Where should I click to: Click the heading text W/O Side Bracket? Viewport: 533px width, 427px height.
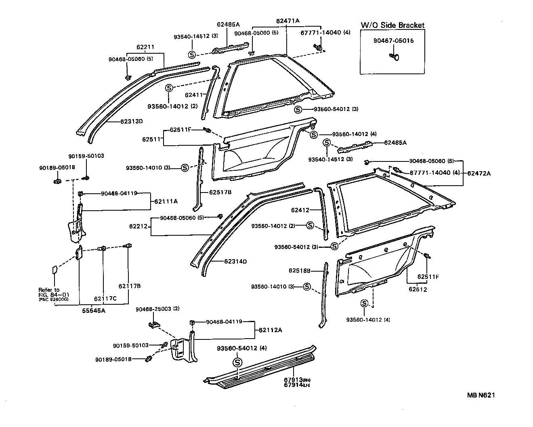point(392,25)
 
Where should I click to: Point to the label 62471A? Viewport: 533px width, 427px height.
point(288,21)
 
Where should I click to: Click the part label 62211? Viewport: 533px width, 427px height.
point(145,47)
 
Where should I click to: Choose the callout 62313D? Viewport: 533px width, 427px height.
point(132,121)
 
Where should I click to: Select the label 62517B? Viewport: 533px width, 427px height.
point(220,192)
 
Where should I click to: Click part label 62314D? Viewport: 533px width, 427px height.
point(235,261)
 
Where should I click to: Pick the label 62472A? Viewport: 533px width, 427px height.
point(479,173)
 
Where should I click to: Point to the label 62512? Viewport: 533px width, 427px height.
point(418,289)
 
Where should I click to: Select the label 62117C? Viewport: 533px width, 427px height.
point(105,299)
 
